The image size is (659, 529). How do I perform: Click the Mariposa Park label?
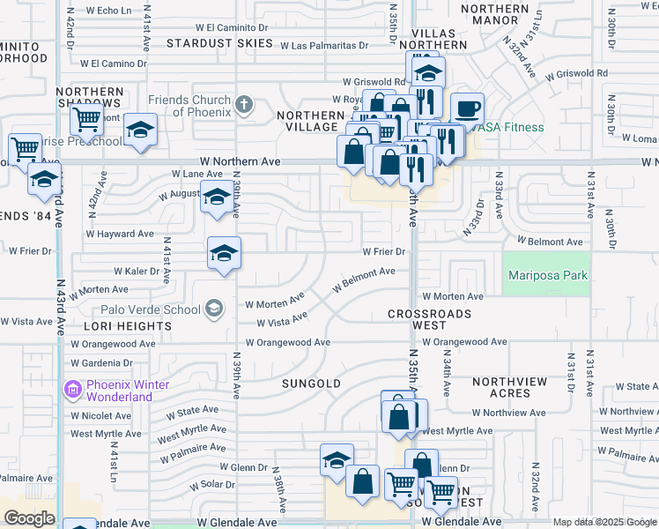click(x=548, y=275)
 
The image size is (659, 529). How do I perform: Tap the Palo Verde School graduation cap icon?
click(x=213, y=309)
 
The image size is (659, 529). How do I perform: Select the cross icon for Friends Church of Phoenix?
click(x=244, y=106)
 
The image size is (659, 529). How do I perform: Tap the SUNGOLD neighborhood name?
click(x=311, y=384)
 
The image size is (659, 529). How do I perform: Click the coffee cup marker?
click(x=467, y=108)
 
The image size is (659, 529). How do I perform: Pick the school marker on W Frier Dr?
click(x=224, y=253)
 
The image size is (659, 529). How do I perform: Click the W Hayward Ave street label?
click(x=120, y=234)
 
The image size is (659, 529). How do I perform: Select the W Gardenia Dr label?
click(x=100, y=362)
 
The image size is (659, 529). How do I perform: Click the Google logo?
click(x=29, y=518)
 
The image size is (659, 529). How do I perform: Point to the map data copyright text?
click(x=604, y=522)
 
